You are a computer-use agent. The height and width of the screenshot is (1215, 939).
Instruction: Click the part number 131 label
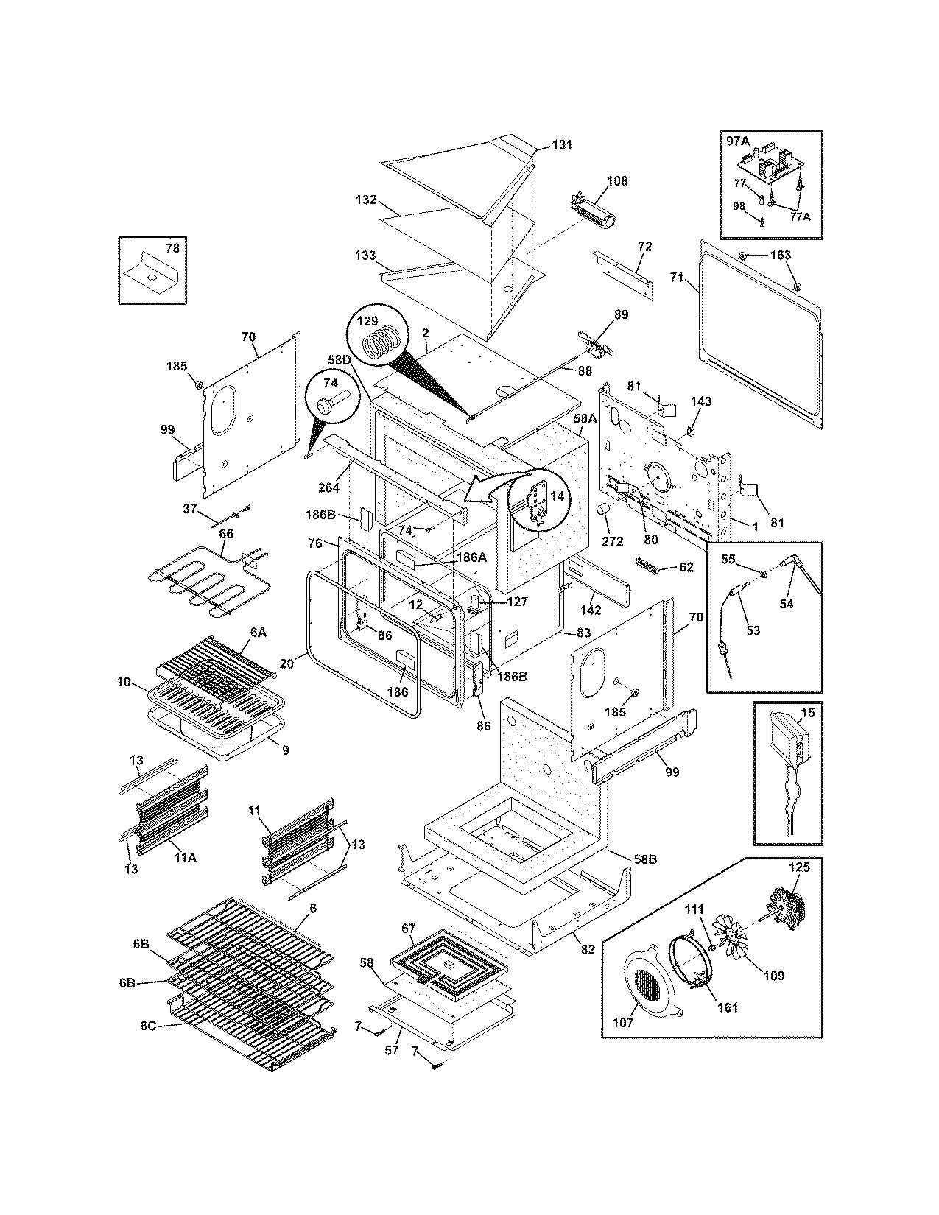(562, 145)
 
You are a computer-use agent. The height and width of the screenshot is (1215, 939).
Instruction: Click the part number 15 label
(808, 714)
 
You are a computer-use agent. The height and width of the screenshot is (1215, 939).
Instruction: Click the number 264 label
(329, 487)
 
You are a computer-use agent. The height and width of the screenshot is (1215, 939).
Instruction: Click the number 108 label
(617, 180)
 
